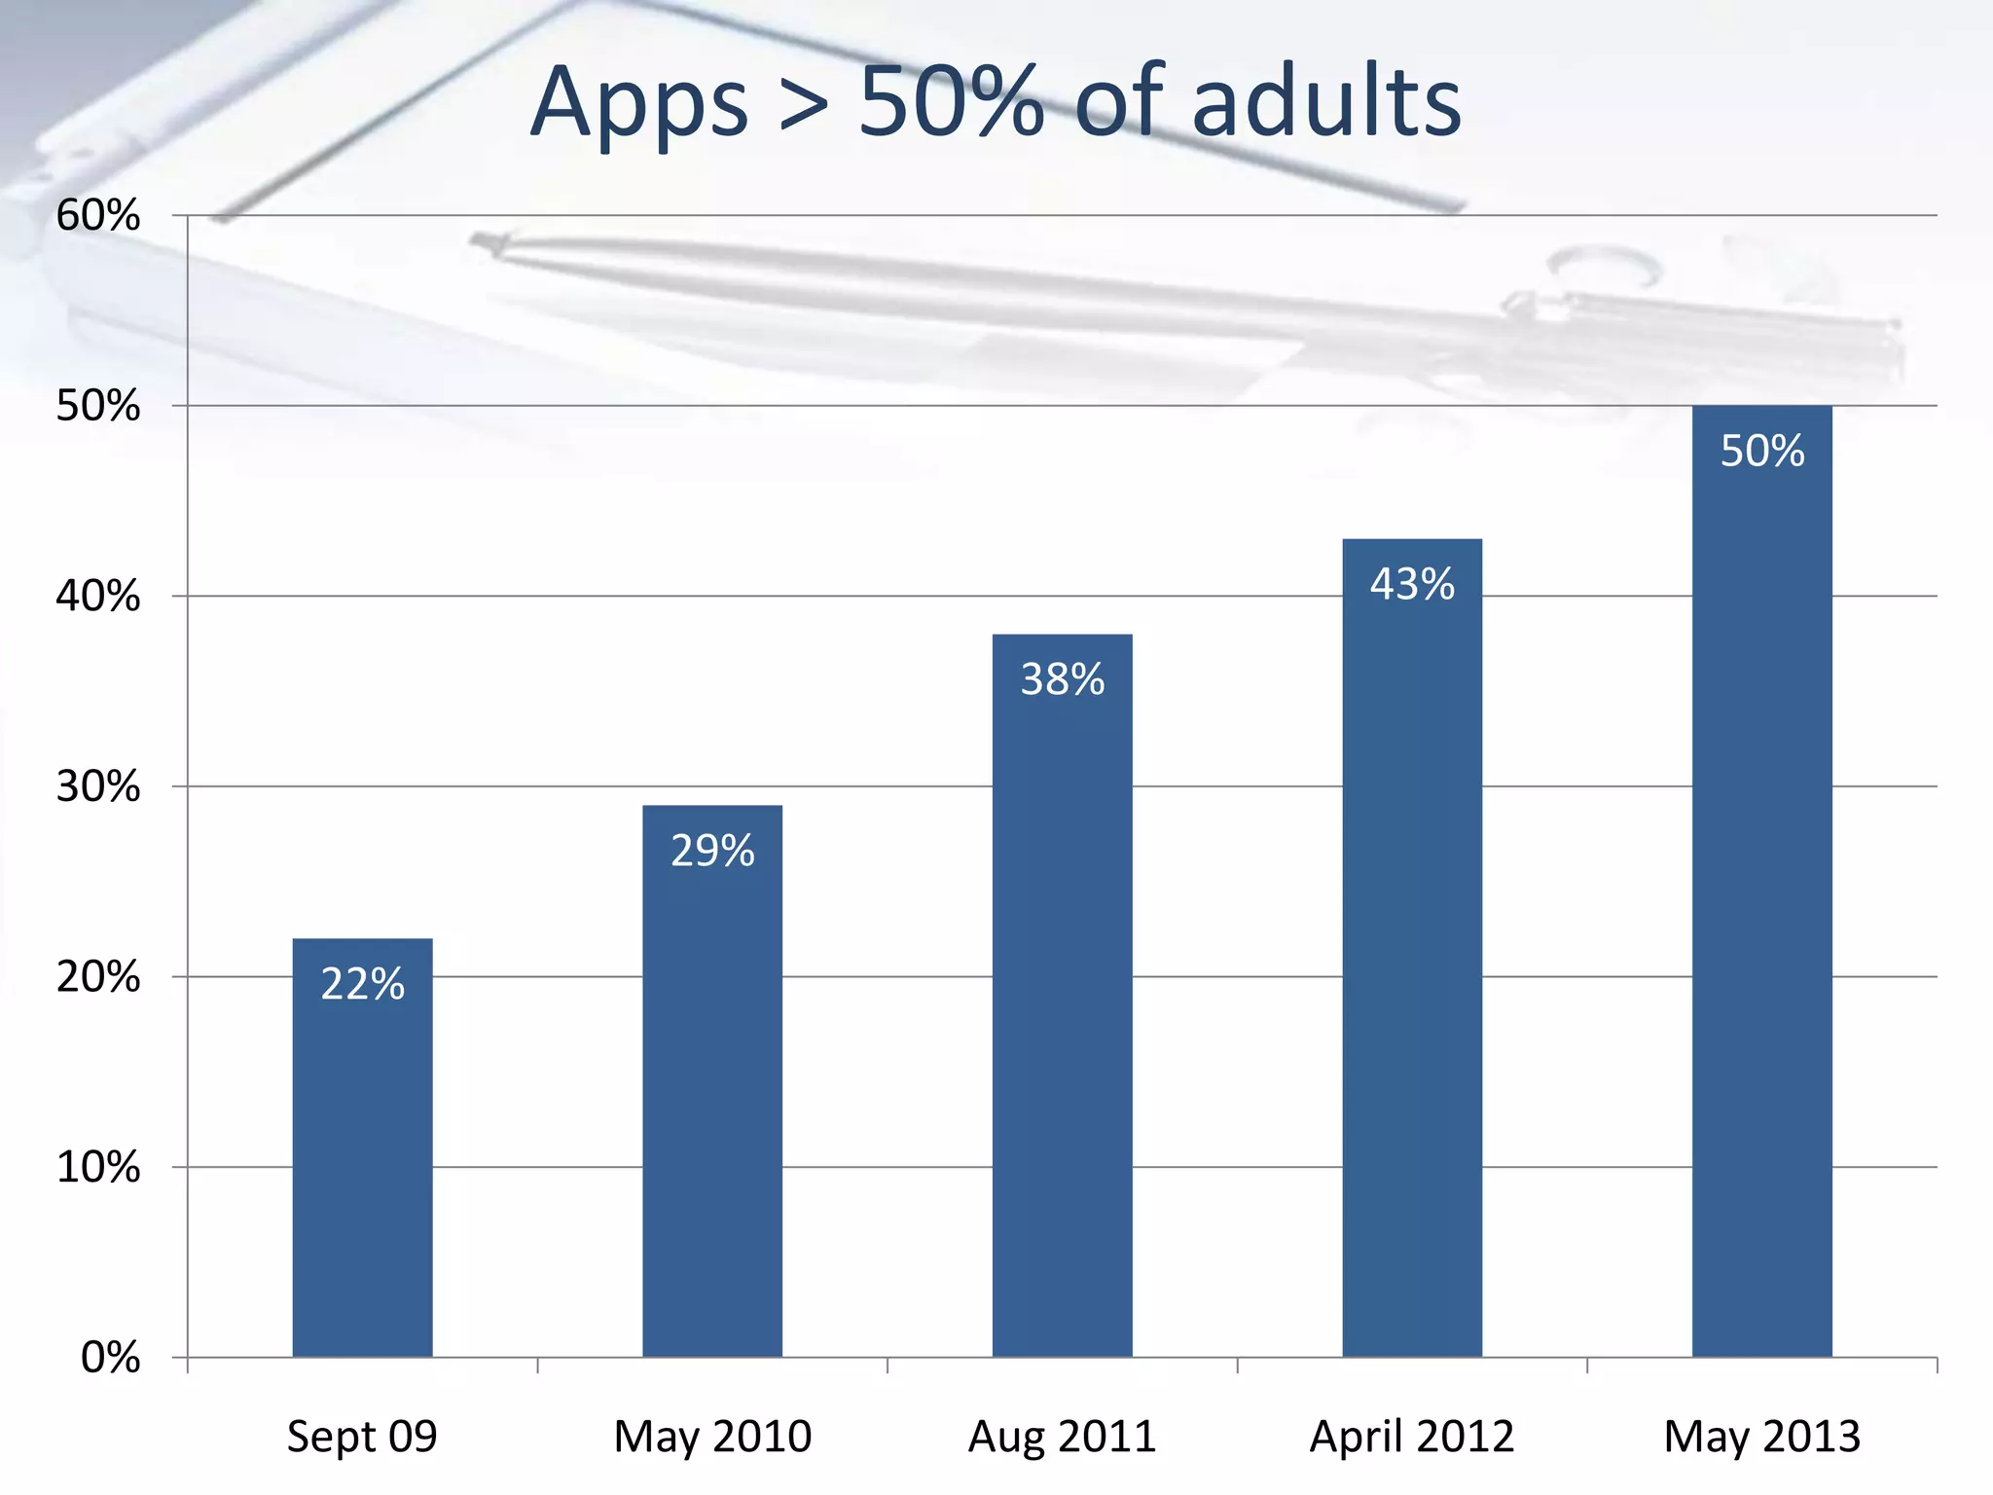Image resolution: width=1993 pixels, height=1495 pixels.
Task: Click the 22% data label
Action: click(x=362, y=984)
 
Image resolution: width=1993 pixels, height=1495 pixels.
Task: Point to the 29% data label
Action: click(x=712, y=851)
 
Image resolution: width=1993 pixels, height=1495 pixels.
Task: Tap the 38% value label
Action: click(x=1062, y=679)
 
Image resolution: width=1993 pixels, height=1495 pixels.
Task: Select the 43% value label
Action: click(x=1412, y=584)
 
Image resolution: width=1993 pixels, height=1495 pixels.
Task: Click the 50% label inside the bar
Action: click(x=1761, y=451)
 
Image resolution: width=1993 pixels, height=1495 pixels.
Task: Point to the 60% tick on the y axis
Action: click(x=98, y=215)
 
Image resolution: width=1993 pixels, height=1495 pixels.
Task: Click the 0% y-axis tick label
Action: click(x=110, y=1357)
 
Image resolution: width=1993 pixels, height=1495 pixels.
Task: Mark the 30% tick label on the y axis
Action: click(x=98, y=786)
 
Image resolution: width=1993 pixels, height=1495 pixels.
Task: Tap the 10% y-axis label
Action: click(x=98, y=1167)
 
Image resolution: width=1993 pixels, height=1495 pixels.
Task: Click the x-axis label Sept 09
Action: click(x=362, y=1437)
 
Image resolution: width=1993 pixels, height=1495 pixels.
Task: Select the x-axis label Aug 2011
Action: click(x=1062, y=1437)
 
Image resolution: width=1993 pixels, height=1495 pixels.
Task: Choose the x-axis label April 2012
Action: click(x=1412, y=1437)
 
